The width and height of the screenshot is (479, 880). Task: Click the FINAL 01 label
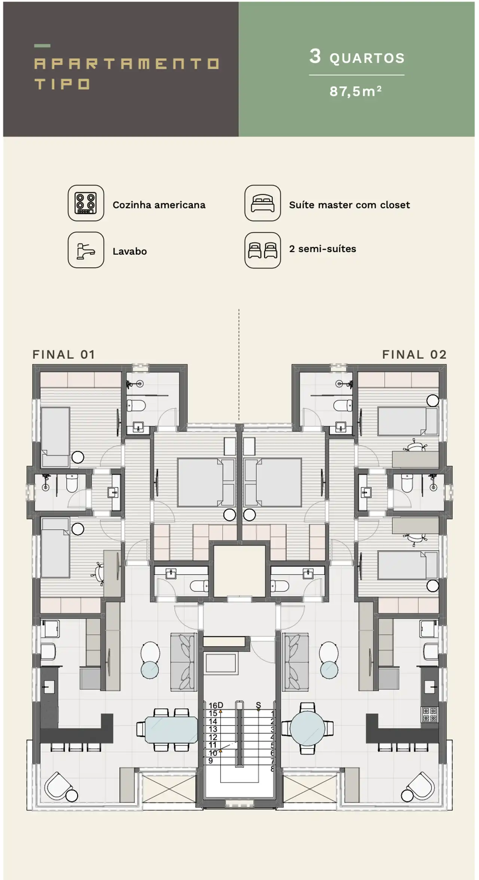click(64, 354)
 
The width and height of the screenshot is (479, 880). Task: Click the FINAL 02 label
click(414, 354)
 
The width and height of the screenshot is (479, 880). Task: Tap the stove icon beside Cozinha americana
click(86, 203)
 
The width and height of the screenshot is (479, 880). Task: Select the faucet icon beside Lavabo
click(86, 250)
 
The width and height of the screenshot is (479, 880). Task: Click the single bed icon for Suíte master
click(263, 203)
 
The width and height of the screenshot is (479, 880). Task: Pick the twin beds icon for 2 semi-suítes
click(263, 250)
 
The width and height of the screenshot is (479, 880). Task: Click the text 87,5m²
click(356, 91)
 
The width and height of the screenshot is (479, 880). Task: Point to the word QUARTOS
click(367, 58)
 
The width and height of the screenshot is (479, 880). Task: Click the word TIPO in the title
click(62, 84)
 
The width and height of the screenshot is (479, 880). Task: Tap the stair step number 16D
click(216, 705)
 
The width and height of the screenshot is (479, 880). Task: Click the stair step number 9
click(211, 761)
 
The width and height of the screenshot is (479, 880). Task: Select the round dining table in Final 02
click(307, 728)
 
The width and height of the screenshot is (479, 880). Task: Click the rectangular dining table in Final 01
click(171, 729)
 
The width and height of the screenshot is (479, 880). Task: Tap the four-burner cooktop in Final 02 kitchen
click(430, 714)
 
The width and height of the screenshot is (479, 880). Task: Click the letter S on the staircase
click(258, 705)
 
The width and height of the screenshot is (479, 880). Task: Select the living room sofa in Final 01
click(184, 662)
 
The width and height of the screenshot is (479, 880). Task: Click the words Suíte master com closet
click(350, 205)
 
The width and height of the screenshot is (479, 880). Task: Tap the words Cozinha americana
click(159, 205)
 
